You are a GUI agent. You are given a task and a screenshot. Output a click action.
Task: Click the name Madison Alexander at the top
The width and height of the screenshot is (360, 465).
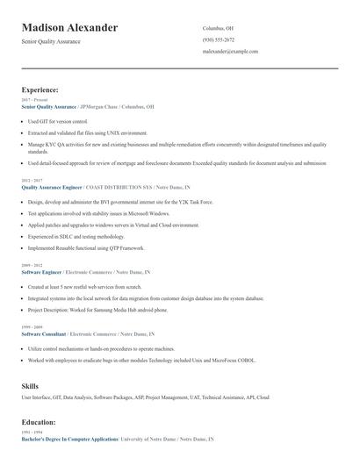point(69,28)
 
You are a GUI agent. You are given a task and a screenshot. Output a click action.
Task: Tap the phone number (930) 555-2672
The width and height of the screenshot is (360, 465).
point(218,39)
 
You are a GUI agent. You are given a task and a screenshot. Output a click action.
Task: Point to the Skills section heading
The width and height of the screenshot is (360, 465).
point(30,385)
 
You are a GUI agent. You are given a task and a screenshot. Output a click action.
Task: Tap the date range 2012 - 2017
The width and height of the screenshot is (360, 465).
point(31,180)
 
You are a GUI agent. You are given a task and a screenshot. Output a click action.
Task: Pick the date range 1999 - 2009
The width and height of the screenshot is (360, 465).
point(31,327)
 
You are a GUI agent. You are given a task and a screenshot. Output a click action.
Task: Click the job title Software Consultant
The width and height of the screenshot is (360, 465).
point(44,334)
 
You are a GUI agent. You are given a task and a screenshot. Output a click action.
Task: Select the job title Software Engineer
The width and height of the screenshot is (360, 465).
point(41,272)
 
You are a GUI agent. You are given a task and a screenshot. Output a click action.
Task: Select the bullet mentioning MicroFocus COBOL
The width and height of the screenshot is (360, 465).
point(140,360)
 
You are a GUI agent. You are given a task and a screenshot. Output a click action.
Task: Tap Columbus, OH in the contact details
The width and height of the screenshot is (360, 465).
point(218,28)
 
